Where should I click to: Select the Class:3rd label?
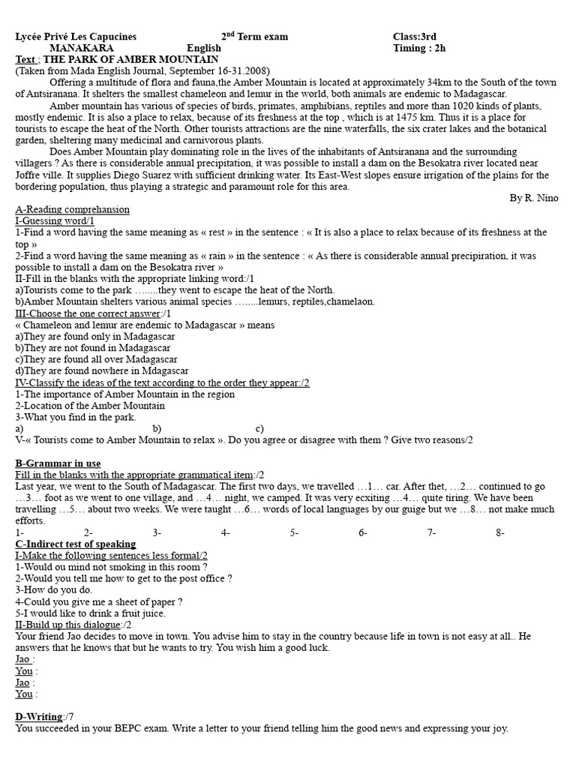414,37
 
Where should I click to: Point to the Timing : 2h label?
419,48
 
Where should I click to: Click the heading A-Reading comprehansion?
72,209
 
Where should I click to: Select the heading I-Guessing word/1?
55,221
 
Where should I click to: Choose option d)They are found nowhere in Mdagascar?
101,370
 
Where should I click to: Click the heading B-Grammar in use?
58,463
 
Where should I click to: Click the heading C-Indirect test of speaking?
76,544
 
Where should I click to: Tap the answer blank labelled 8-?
500,532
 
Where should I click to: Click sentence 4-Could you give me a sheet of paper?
98,601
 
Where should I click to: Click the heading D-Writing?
40,717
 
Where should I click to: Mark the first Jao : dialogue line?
25,659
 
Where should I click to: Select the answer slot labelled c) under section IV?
259,429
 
